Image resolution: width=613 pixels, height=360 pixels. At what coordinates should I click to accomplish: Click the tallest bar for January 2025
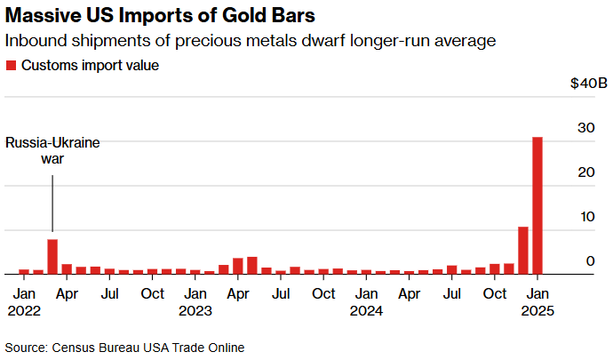click(537, 205)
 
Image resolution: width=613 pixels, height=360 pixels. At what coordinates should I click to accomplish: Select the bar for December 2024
click(522, 251)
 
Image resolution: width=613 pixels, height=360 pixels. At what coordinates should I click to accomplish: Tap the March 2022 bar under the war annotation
click(52, 257)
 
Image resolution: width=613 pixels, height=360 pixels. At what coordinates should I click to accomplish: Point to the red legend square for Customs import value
click(11, 66)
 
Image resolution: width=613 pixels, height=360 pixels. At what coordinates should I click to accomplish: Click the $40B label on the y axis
click(589, 84)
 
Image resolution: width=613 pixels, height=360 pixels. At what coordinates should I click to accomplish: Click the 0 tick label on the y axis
click(588, 261)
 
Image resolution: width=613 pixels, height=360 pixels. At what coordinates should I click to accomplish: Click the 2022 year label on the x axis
click(24, 311)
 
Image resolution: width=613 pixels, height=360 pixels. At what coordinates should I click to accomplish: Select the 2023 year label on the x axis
click(195, 311)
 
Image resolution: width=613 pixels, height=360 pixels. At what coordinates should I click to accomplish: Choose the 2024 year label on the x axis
click(365, 311)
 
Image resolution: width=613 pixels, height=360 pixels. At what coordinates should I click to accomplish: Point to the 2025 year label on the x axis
click(537, 311)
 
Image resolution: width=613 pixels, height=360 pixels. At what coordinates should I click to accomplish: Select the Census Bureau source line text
click(124, 347)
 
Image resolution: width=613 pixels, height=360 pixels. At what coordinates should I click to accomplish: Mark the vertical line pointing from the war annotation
click(52, 204)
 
